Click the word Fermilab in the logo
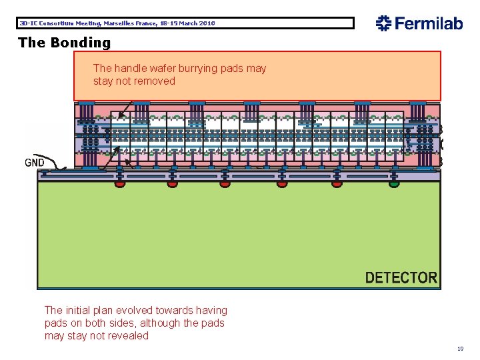tap(428, 23)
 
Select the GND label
tap(35, 162)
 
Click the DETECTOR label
tap(401, 277)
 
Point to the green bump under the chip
tap(394, 183)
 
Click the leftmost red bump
tap(119, 183)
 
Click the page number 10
tap(460, 349)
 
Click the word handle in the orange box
tap(129, 68)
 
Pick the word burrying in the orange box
tap(199, 68)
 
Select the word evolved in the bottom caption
tap(133, 310)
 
